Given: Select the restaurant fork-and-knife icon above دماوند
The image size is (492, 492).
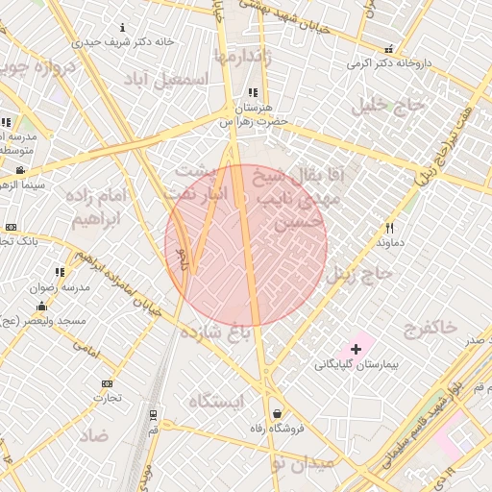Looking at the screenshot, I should point(389,228).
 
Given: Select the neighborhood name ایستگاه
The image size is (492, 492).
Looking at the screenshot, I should point(216,400).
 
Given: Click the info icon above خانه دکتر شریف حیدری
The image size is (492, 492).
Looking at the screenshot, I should point(122,27).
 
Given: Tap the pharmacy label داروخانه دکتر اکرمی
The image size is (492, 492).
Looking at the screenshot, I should point(389,65).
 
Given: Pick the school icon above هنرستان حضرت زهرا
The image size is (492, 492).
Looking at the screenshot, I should point(252,93).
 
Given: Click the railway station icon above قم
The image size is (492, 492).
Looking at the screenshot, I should point(152,415).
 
